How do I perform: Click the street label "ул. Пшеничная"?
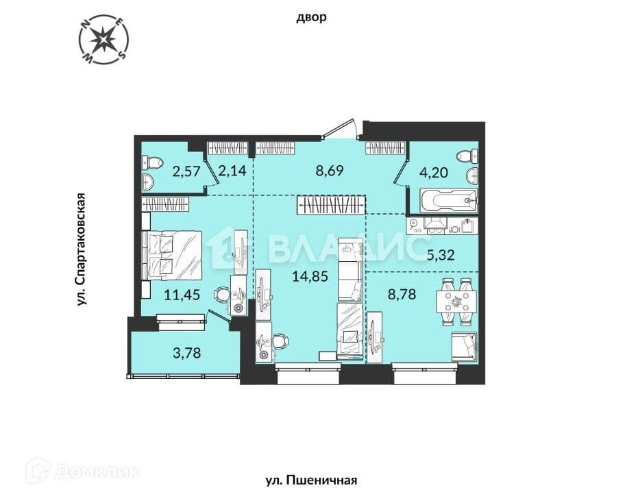click(x=311, y=480)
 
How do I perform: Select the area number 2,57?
click(x=186, y=172)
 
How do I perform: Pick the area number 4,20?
click(x=434, y=172)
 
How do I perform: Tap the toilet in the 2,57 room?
click(x=151, y=162)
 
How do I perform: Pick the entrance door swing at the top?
click(x=341, y=129)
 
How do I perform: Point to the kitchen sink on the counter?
click(x=468, y=224)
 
